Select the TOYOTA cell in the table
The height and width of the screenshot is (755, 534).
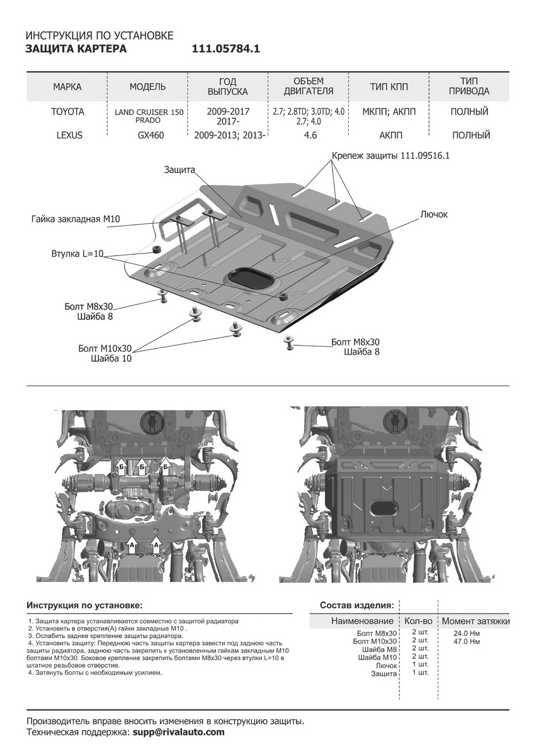[x=67, y=111]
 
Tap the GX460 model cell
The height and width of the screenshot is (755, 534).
[x=151, y=135]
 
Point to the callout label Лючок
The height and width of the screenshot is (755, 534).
[x=434, y=215]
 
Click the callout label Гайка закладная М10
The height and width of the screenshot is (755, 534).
[x=76, y=219]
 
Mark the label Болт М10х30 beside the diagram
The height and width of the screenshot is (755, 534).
[x=105, y=348]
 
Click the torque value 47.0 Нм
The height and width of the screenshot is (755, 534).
[x=467, y=641]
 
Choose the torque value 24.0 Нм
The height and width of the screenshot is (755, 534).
[x=467, y=633]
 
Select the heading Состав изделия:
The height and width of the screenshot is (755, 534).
[x=357, y=605]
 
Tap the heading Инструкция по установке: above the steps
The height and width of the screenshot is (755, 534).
[x=84, y=605]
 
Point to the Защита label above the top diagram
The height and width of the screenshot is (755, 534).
[x=180, y=169]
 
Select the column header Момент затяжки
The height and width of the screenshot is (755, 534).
[x=475, y=621]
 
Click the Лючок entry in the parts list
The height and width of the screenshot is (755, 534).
[x=386, y=666]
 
